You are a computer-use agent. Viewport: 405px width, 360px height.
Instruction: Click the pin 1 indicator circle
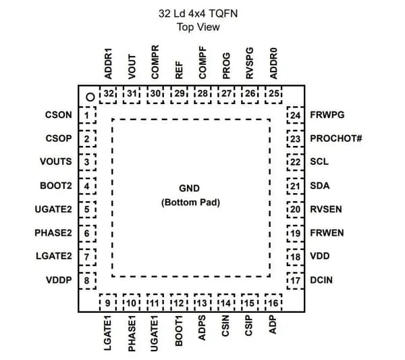[x=90, y=97]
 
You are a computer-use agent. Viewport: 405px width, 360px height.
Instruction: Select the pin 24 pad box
[x=295, y=115]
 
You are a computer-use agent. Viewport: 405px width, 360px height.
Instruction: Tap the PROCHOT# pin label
[x=335, y=138]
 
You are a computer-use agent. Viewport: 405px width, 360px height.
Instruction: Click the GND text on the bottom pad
[x=189, y=188]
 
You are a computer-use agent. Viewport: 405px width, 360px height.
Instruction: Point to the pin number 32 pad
[x=108, y=95]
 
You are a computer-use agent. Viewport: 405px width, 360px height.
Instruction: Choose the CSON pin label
[x=59, y=115]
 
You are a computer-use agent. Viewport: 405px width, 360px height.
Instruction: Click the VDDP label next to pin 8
[x=59, y=280]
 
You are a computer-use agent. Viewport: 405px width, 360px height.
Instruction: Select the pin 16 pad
[x=273, y=303]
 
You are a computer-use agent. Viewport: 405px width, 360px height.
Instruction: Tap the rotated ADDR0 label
[x=273, y=63]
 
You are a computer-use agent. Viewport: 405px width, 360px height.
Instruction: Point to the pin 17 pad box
[x=295, y=281]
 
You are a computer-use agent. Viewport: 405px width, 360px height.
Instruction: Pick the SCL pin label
[x=319, y=162]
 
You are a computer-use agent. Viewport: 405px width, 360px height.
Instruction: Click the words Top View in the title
[x=198, y=27]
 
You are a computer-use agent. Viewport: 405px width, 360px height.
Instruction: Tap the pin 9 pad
[x=108, y=303]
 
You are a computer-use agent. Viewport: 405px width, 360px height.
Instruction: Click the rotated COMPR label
[x=155, y=62]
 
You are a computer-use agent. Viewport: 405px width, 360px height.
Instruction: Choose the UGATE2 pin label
[x=53, y=209]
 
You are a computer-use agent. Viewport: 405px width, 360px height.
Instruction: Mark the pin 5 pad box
[x=87, y=209]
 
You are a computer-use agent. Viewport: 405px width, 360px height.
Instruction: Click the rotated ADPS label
[x=202, y=328]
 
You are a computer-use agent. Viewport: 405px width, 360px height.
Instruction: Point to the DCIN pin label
[x=321, y=280]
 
